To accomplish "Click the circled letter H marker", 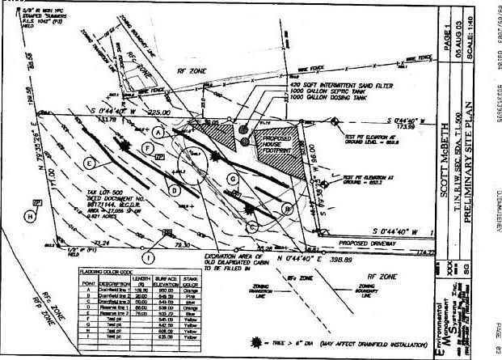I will [x=30, y=216].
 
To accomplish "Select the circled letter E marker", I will [x=86, y=162].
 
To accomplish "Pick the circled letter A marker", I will [x=158, y=130].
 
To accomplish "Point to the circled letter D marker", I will [x=175, y=191].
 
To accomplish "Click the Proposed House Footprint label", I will [x=280, y=145].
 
